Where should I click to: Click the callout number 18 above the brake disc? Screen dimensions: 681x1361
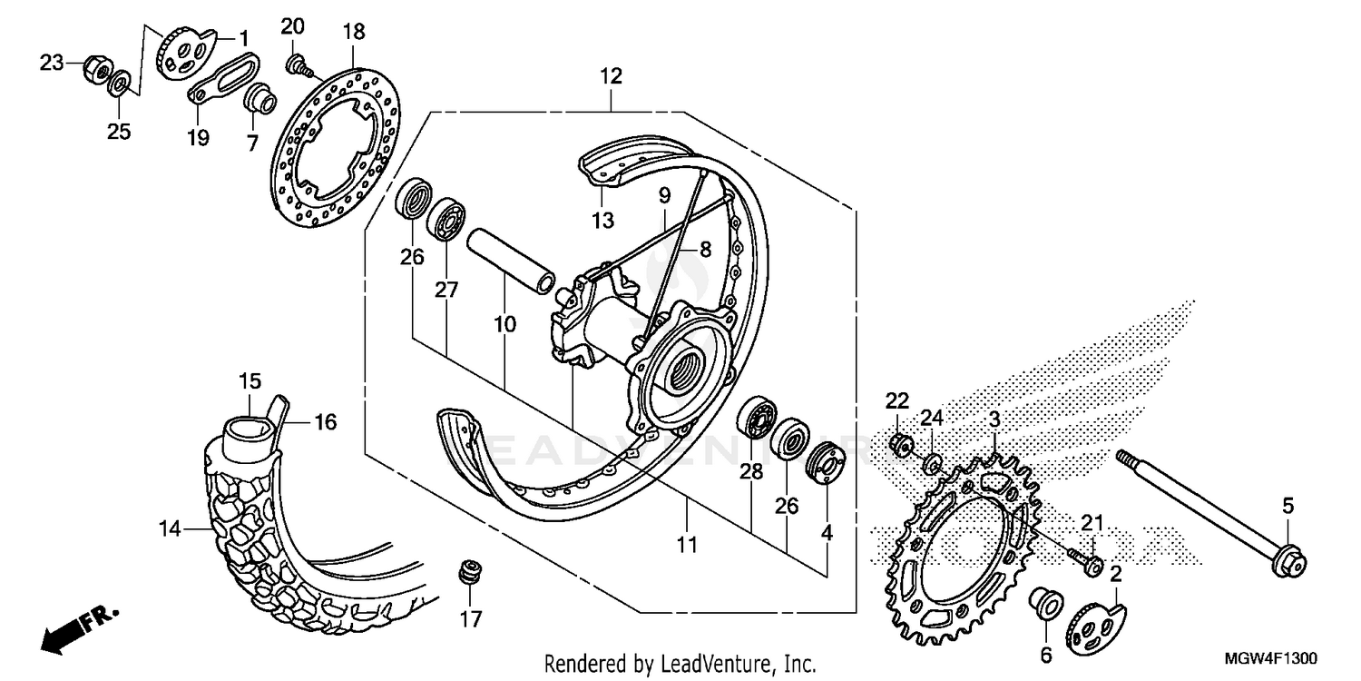click(x=353, y=32)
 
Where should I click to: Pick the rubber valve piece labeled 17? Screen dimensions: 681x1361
click(x=469, y=575)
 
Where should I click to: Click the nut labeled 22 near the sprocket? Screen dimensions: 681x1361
click(x=900, y=446)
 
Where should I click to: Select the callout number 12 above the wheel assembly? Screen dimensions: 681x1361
click(x=611, y=76)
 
